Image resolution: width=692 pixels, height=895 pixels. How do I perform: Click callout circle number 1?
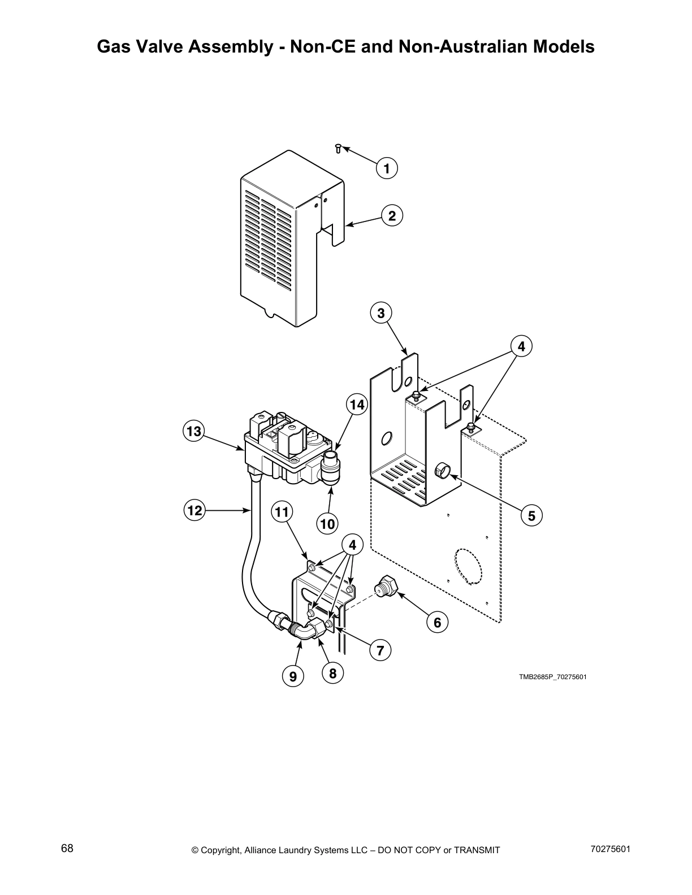click(x=387, y=168)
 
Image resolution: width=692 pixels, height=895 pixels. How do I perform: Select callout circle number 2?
click(x=392, y=216)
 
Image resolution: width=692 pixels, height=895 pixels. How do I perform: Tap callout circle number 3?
click(x=381, y=313)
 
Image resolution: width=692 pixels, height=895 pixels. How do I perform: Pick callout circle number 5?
click(x=531, y=515)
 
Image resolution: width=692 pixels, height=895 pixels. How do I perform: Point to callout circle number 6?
click(x=437, y=622)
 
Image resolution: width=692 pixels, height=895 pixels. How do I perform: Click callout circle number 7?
click(x=380, y=650)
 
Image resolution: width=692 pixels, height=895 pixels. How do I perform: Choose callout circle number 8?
click(x=332, y=673)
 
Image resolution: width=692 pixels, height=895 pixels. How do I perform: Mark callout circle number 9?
click(x=293, y=676)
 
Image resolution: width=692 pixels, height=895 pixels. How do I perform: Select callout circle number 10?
click(x=327, y=524)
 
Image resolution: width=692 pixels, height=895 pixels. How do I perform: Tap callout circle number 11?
click(x=282, y=512)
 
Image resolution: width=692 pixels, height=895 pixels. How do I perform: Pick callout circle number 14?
click(x=357, y=405)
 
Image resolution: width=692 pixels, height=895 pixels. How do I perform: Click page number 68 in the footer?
click(x=67, y=848)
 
